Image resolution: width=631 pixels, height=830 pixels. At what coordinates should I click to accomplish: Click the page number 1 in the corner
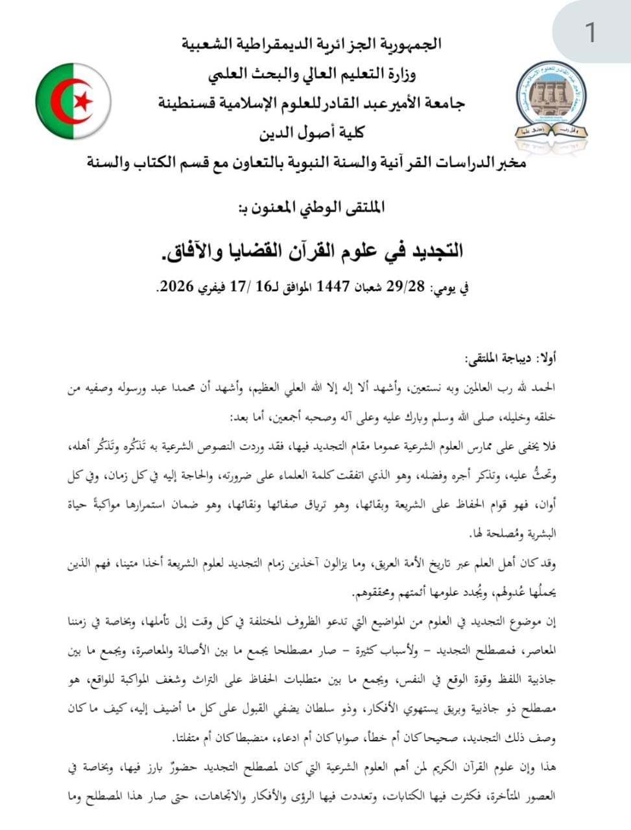(x=590, y=32)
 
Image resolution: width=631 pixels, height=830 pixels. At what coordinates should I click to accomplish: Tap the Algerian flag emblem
(x=73, y=102)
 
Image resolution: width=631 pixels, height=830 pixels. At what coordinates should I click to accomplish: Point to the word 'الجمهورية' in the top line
(x=408, y=44)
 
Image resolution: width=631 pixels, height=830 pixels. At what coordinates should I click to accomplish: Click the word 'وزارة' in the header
(x=396, y=74)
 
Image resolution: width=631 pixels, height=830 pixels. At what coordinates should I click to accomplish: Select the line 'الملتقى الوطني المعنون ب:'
(x=312, y=207)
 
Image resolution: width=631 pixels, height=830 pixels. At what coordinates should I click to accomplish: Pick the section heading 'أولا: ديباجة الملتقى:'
(x=511, y=358)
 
